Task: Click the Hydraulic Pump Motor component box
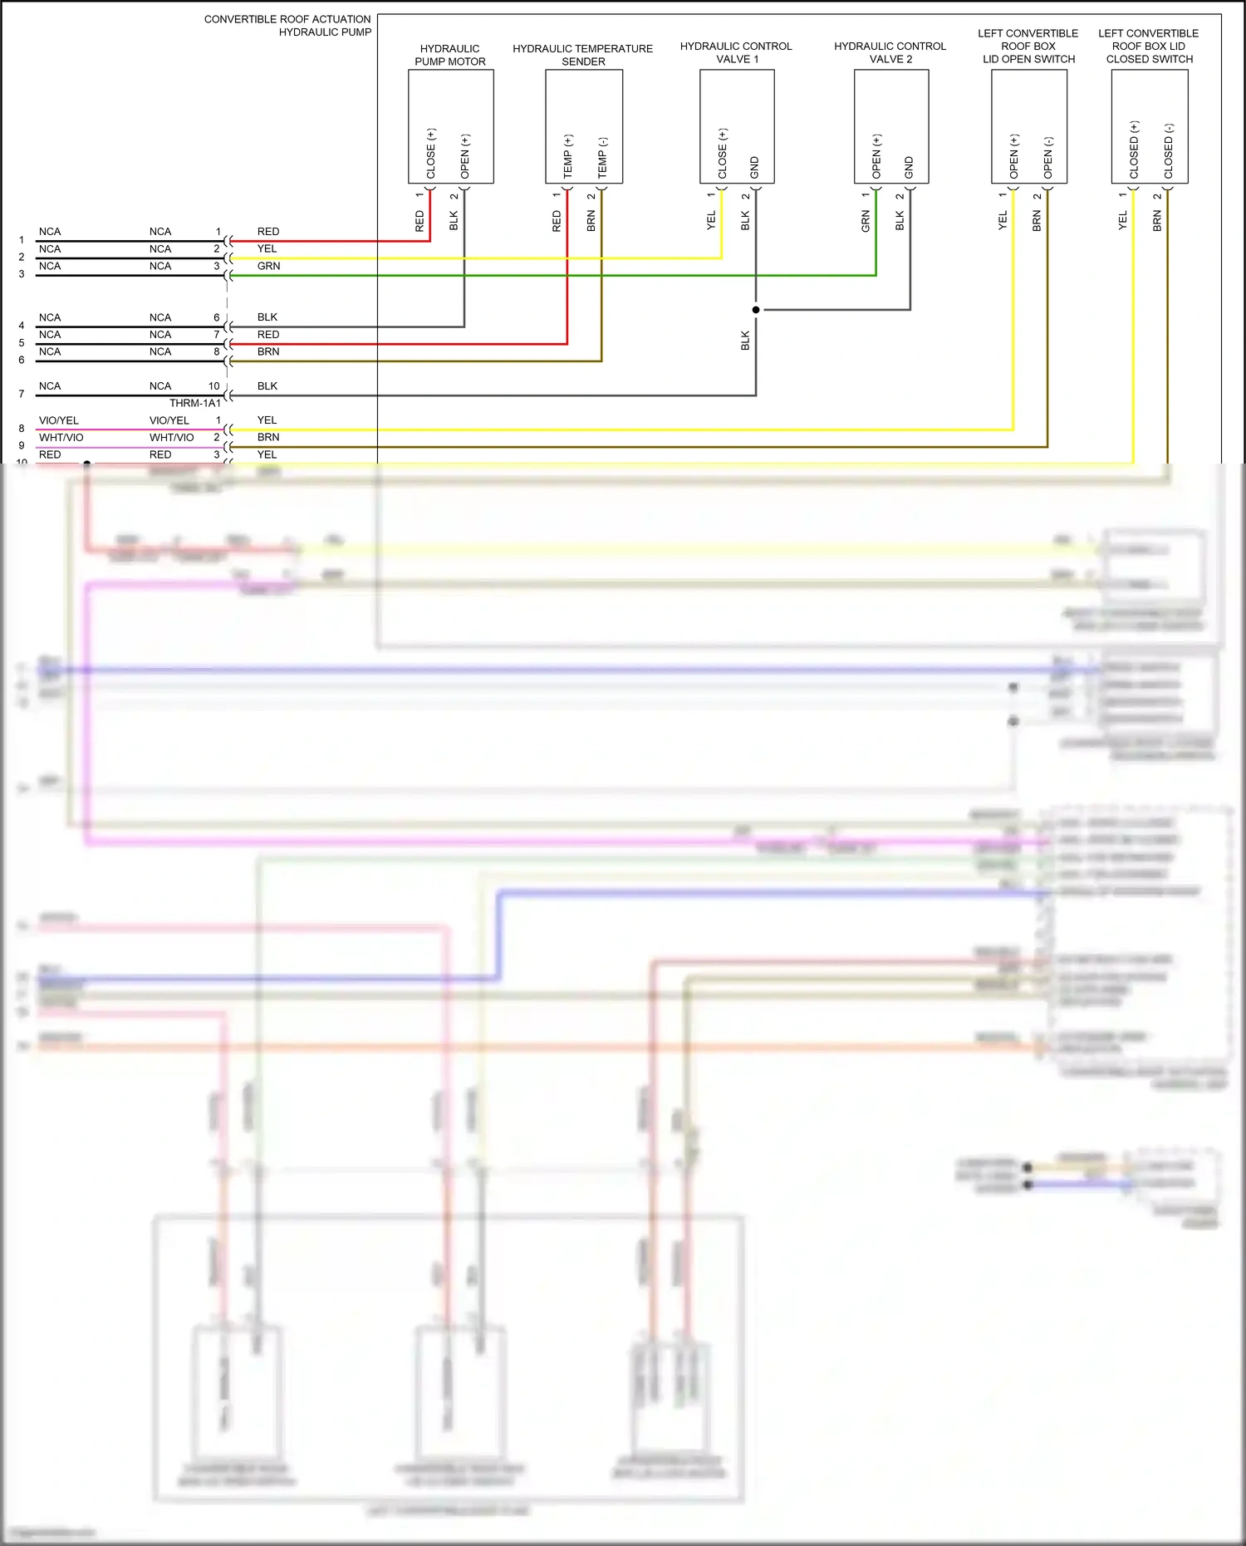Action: [450, 126]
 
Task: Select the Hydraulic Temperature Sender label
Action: [582, 55]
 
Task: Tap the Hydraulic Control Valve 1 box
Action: [737, 126]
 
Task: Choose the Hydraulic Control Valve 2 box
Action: [890, 126]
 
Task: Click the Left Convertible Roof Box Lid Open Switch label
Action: [1028, 47]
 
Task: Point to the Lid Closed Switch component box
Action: [1150, 126]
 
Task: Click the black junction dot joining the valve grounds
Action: [756, 310]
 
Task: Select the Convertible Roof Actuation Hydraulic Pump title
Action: [287, 26]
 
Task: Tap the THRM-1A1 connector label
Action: [195, 403]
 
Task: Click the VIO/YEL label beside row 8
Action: [59, 420]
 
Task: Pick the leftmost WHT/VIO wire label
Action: [61, 438]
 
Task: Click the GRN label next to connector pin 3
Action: [268, 266]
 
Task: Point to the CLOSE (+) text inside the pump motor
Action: [431, 153]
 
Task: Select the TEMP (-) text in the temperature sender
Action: [603, 157]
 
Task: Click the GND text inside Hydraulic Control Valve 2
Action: [909, 167]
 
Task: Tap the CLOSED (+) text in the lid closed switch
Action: [1134, 150]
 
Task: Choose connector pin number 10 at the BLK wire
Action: [214, 386]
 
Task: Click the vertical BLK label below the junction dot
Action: [745, 341]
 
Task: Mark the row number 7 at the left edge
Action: [22, 394]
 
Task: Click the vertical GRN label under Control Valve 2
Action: [866, 221]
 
